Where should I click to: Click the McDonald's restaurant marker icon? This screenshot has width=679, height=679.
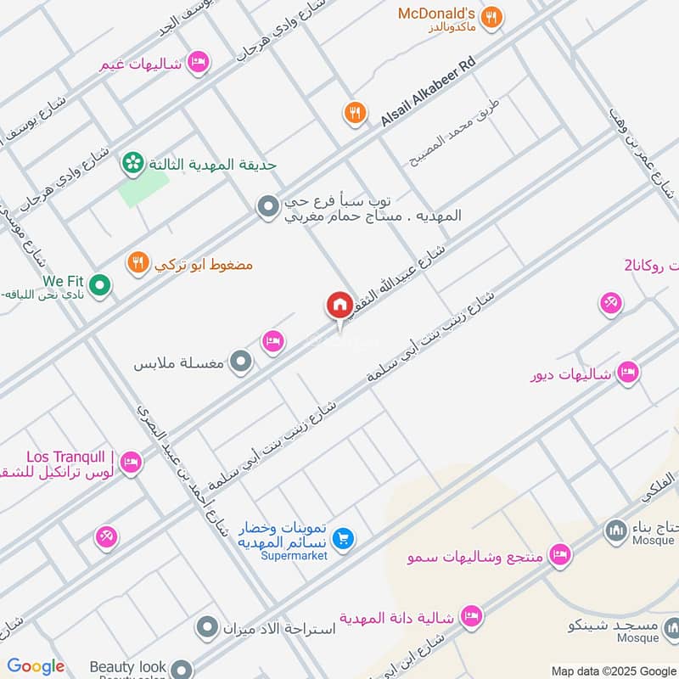(x=491, y=16)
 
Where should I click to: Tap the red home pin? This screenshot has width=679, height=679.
(x=339, y=306)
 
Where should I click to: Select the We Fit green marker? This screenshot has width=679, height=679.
(x=99, y=286)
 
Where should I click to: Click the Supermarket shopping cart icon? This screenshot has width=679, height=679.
(x=343, y=538)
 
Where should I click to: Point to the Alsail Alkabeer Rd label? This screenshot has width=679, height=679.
(x=429, y=93)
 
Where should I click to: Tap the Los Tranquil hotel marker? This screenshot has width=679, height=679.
(x=130, y=463)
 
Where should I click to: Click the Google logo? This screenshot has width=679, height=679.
(x=36, y=666)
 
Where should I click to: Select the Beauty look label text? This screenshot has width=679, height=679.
(x=128, y=667)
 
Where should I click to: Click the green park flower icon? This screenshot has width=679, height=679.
(x=132, y=162)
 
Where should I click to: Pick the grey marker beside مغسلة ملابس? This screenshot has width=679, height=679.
(x=242, y=362)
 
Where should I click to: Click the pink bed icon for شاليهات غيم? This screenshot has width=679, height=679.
(x=198, y=61)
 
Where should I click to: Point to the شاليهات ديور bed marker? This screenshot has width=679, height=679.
(x=627, y=372)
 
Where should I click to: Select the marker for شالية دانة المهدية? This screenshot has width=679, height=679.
(x=471, y=616)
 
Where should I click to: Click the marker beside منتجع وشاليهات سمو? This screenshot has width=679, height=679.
(x=558, y=556)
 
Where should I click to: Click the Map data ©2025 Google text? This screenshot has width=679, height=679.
(x=613, y=670)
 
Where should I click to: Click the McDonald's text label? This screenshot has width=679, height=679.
(x=435, y=14)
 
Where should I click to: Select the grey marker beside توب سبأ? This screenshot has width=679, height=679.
(x=268, y=206)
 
